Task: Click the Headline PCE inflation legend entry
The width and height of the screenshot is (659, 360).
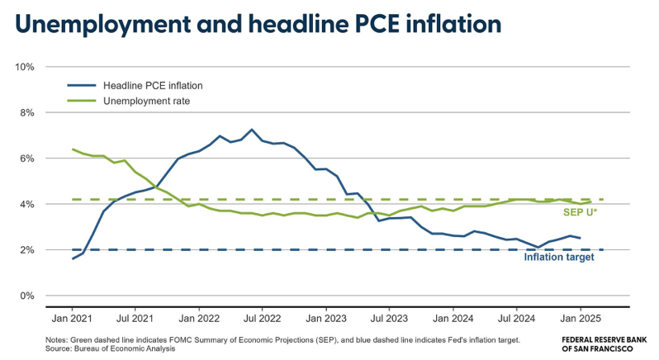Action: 153,85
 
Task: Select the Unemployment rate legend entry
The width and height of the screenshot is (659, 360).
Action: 147,101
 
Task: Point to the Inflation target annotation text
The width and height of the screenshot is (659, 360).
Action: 558,257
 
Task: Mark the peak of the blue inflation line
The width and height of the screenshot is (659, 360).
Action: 252,130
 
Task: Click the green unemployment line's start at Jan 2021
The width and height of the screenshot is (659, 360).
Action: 73,149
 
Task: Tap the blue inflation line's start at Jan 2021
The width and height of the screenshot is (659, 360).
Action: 73,258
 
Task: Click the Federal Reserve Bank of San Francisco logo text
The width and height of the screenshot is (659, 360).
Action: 604,343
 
